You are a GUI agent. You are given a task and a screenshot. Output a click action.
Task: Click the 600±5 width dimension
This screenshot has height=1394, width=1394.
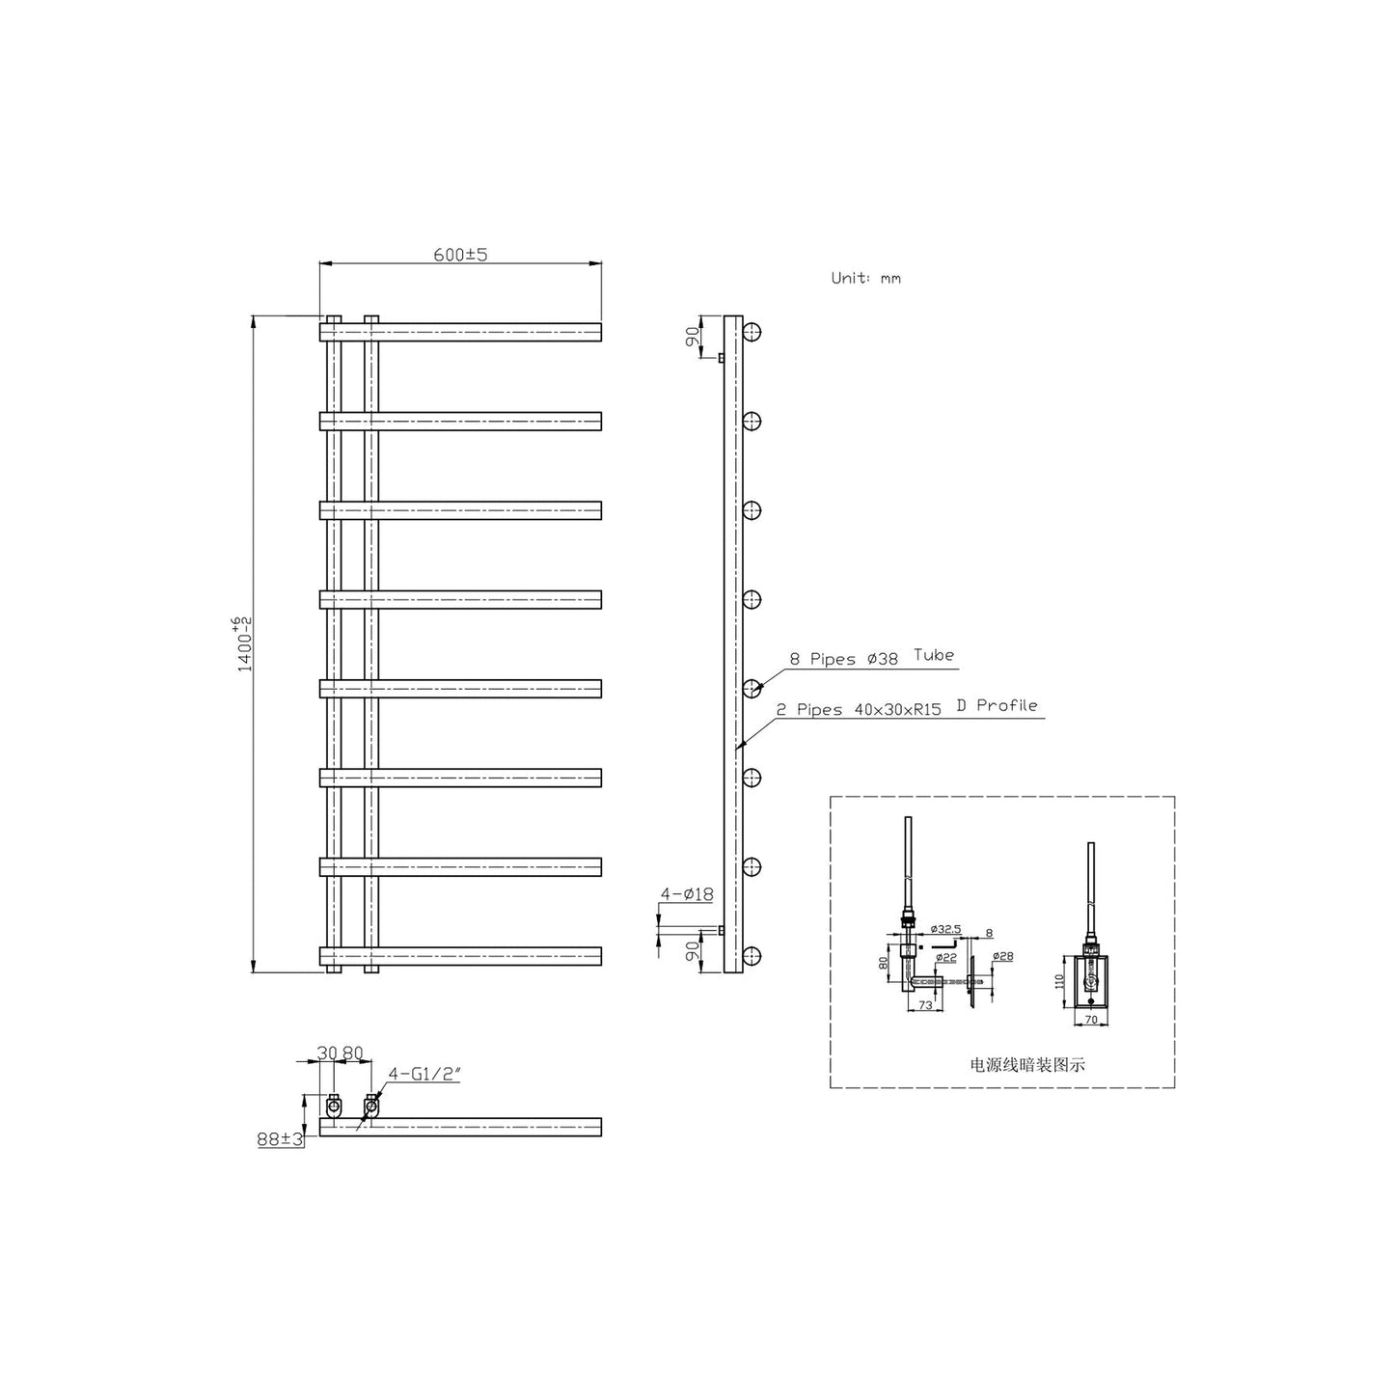(x=460, y=255)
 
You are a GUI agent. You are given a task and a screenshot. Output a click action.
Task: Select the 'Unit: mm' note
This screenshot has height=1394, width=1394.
(x=866, y=278)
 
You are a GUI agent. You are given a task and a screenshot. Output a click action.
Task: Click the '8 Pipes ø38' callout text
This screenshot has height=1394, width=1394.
(x=843, y=659)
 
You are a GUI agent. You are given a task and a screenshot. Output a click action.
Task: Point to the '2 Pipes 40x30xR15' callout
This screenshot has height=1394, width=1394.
(x=859, y=710)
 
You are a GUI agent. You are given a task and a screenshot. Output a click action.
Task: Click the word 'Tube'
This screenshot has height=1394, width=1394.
(x=934, y=655)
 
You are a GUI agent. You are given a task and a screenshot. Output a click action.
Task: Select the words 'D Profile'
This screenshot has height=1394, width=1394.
(x=997, y=705)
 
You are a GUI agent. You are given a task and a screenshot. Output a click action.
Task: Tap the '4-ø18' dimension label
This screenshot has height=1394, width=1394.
(x=687, y=894)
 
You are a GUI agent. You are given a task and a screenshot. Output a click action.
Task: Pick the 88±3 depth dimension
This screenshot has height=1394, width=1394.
(x=280, y=1138)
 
